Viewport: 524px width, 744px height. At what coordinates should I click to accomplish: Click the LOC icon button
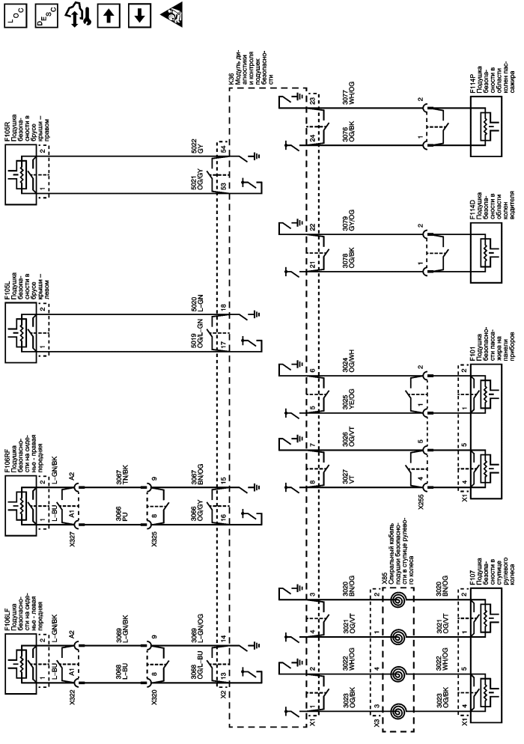click(x=16, y=16)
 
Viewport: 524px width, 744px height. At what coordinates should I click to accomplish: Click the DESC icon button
click(x=46, y=16)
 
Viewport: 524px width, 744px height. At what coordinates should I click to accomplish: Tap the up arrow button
click(x=109, y=16)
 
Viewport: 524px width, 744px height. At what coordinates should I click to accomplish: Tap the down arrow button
click(x=139, y=16)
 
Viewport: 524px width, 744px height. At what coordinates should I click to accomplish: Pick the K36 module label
click(x=231, y=79)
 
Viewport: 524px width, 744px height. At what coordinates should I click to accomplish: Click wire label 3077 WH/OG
click(x=348, y=94)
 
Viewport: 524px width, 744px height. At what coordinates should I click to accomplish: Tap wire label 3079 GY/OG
click(x=348, y=221)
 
